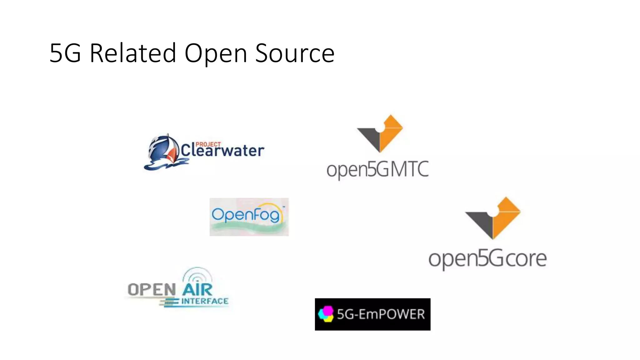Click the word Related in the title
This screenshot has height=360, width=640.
click(x=133, y=53)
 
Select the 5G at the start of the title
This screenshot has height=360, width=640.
click(x=65, y=53)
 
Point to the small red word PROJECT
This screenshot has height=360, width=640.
click(x=208, y=144)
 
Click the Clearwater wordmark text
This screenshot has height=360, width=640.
click(x=222, y=151)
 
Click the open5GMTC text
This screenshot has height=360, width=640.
click(x=377, y=170)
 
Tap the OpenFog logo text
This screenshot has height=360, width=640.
click(x=246, y=215)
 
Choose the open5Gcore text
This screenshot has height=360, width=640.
click(x=487, y=259)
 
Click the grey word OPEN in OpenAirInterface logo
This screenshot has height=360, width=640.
click(x=152, y=290)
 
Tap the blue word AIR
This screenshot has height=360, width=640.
click(x=197, y=290)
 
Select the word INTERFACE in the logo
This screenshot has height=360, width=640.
click(x=205, y=301)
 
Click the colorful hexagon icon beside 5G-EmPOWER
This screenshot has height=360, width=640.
click(x=326, y=314)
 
